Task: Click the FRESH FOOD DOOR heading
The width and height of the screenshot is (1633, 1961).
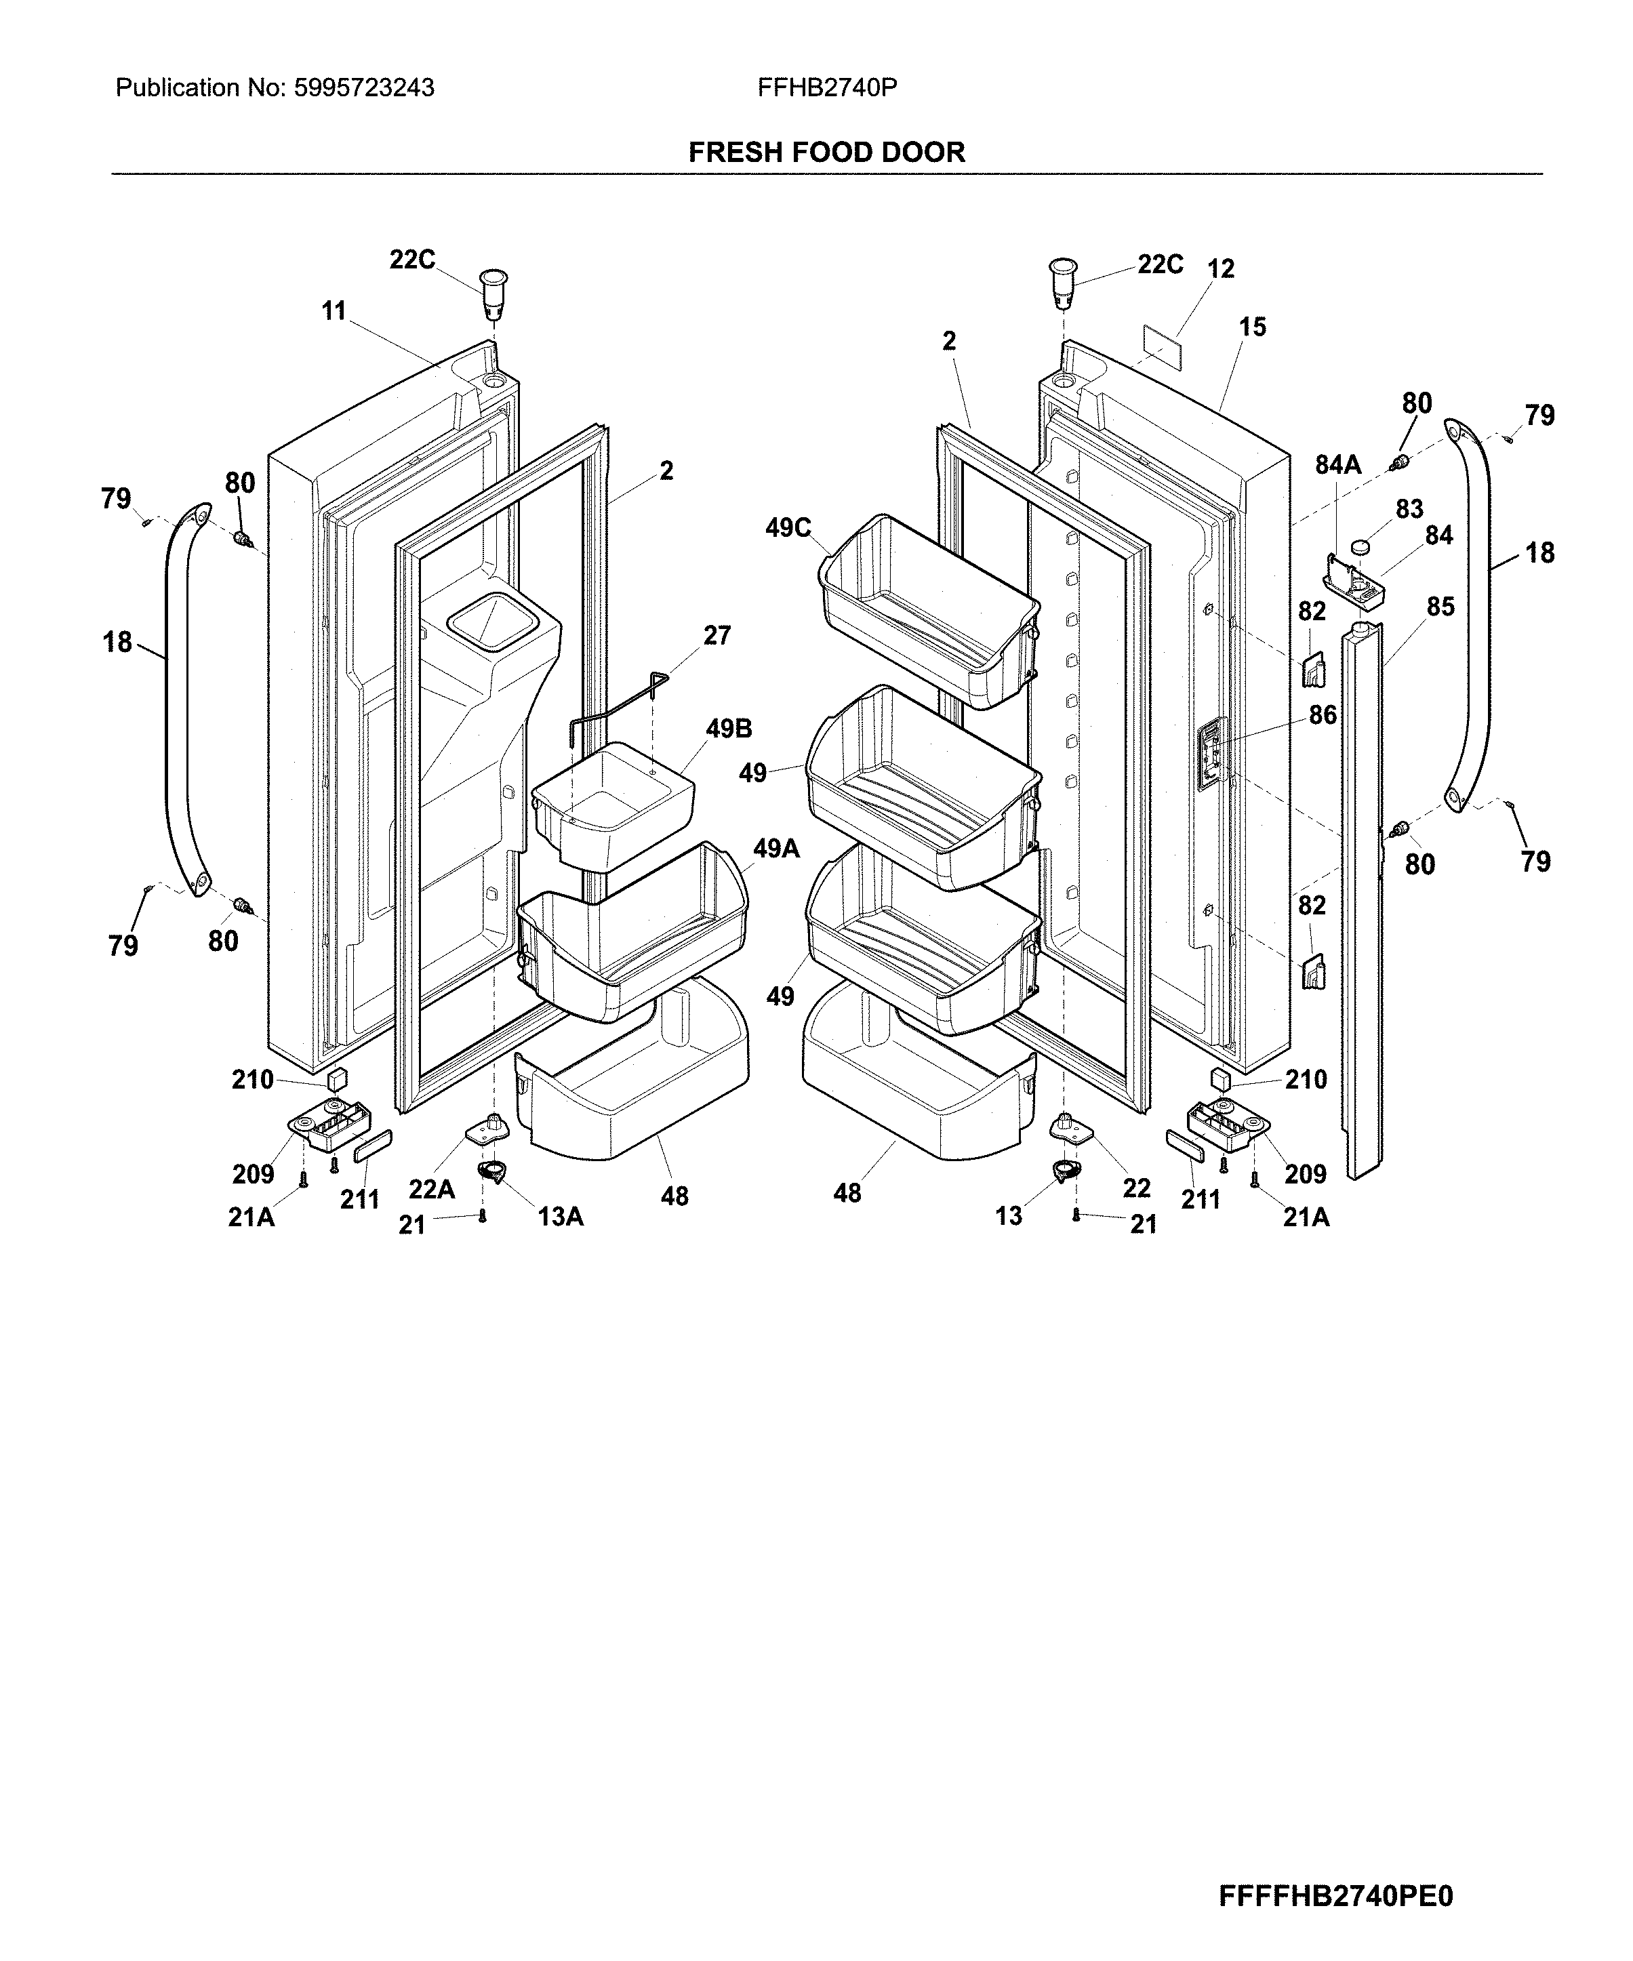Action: coord(826,153)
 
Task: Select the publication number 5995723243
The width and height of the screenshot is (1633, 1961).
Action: coord(363,87)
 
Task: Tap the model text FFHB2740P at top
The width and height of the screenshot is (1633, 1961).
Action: coord(827,87)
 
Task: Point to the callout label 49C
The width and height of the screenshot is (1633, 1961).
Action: coord(788,529)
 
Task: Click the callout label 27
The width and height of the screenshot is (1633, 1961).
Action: coord(717,636)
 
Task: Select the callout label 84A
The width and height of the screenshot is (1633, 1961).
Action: coord(1338,464)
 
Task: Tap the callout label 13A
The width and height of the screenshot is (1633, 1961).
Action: coord(560,1217)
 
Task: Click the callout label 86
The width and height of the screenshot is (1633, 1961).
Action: coord(1322,715)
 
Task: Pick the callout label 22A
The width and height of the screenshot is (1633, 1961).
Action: coord(431,1189)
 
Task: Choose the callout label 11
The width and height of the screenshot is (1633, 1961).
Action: coord(334,311)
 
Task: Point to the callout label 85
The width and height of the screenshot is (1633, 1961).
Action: coord(1440,607)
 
